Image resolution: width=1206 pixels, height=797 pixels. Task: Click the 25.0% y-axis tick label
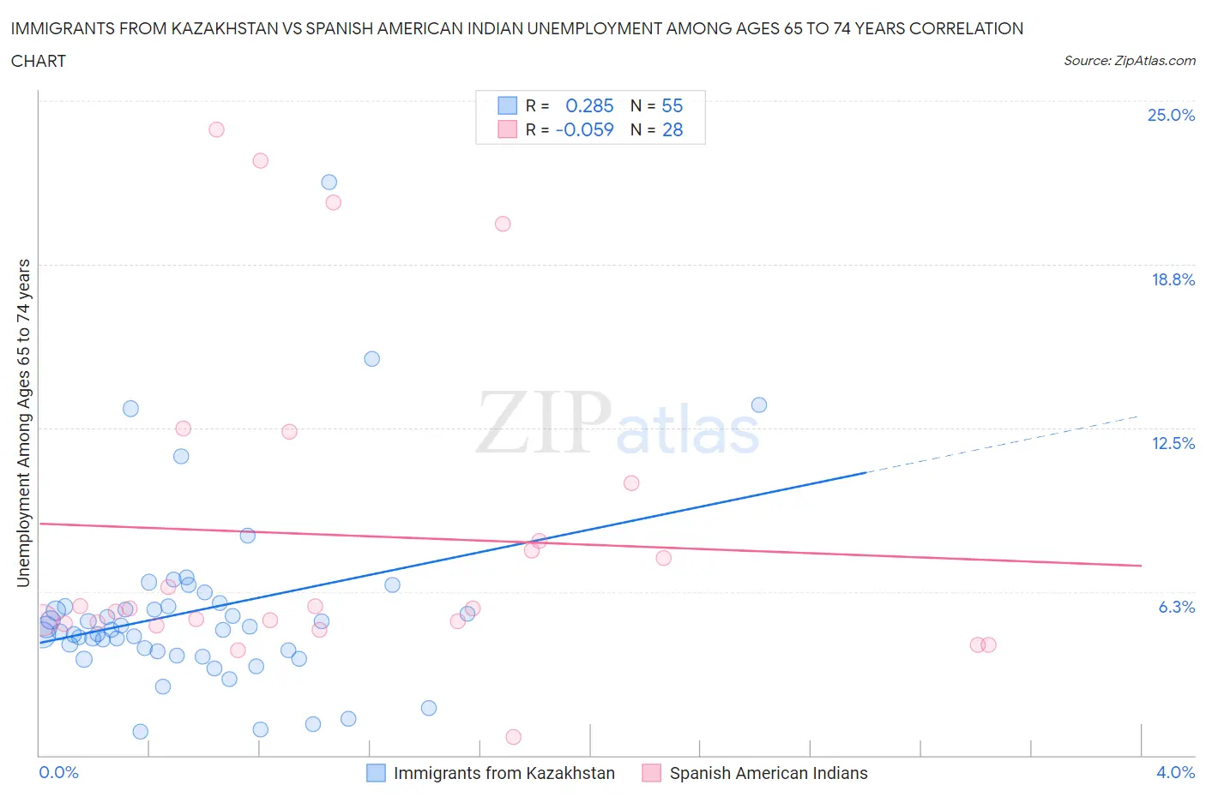1171,115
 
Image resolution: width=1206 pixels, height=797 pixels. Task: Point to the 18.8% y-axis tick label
1173,279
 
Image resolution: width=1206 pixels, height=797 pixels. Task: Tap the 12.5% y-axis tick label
1173,443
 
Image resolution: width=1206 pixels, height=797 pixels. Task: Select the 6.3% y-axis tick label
1176,607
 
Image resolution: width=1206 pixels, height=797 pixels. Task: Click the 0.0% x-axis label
58,772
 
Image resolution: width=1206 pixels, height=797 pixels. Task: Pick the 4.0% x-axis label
1175,772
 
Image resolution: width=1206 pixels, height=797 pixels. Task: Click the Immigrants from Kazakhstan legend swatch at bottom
376,773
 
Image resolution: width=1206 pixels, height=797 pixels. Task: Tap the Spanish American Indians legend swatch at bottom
652,773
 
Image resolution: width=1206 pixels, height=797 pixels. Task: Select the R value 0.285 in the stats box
589,105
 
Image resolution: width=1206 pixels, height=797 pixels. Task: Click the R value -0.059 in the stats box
585,129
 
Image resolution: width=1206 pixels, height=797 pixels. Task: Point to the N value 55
672,105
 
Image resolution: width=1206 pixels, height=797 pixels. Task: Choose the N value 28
672,129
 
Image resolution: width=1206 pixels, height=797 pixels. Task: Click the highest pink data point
216,129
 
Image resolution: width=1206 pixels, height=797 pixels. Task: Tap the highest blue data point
329,182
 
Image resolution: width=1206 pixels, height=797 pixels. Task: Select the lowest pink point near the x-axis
513,737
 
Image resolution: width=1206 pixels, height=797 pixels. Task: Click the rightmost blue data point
758,404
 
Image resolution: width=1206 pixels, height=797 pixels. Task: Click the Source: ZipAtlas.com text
1129,61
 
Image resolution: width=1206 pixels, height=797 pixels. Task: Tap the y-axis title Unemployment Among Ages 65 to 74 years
23,422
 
